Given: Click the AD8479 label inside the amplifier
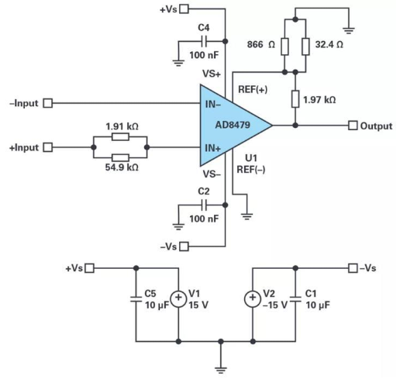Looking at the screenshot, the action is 233,125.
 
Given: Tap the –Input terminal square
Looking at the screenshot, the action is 48,103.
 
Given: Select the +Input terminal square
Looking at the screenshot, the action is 48,147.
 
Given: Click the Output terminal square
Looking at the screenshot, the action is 353,126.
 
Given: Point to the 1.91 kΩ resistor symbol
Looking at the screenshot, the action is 120,136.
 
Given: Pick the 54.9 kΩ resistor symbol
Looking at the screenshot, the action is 120,158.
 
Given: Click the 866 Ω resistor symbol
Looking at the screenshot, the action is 285,47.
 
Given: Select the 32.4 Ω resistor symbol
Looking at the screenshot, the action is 305,47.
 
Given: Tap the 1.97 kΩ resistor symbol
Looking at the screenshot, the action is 295,98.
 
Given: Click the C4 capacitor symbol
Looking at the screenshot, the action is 204,41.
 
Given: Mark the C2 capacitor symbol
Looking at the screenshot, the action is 204,205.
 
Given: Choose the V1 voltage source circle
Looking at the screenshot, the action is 178,298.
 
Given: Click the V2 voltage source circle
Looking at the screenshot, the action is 253,298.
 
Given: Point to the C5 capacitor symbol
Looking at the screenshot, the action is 136,298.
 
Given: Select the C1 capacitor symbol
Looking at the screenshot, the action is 295,298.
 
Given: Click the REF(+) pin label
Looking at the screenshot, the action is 253,89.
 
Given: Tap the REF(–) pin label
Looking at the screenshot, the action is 251,170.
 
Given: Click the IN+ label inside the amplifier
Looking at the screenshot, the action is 212,148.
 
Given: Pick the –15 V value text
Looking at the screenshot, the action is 274,305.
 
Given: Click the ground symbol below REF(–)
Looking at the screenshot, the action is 247,217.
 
